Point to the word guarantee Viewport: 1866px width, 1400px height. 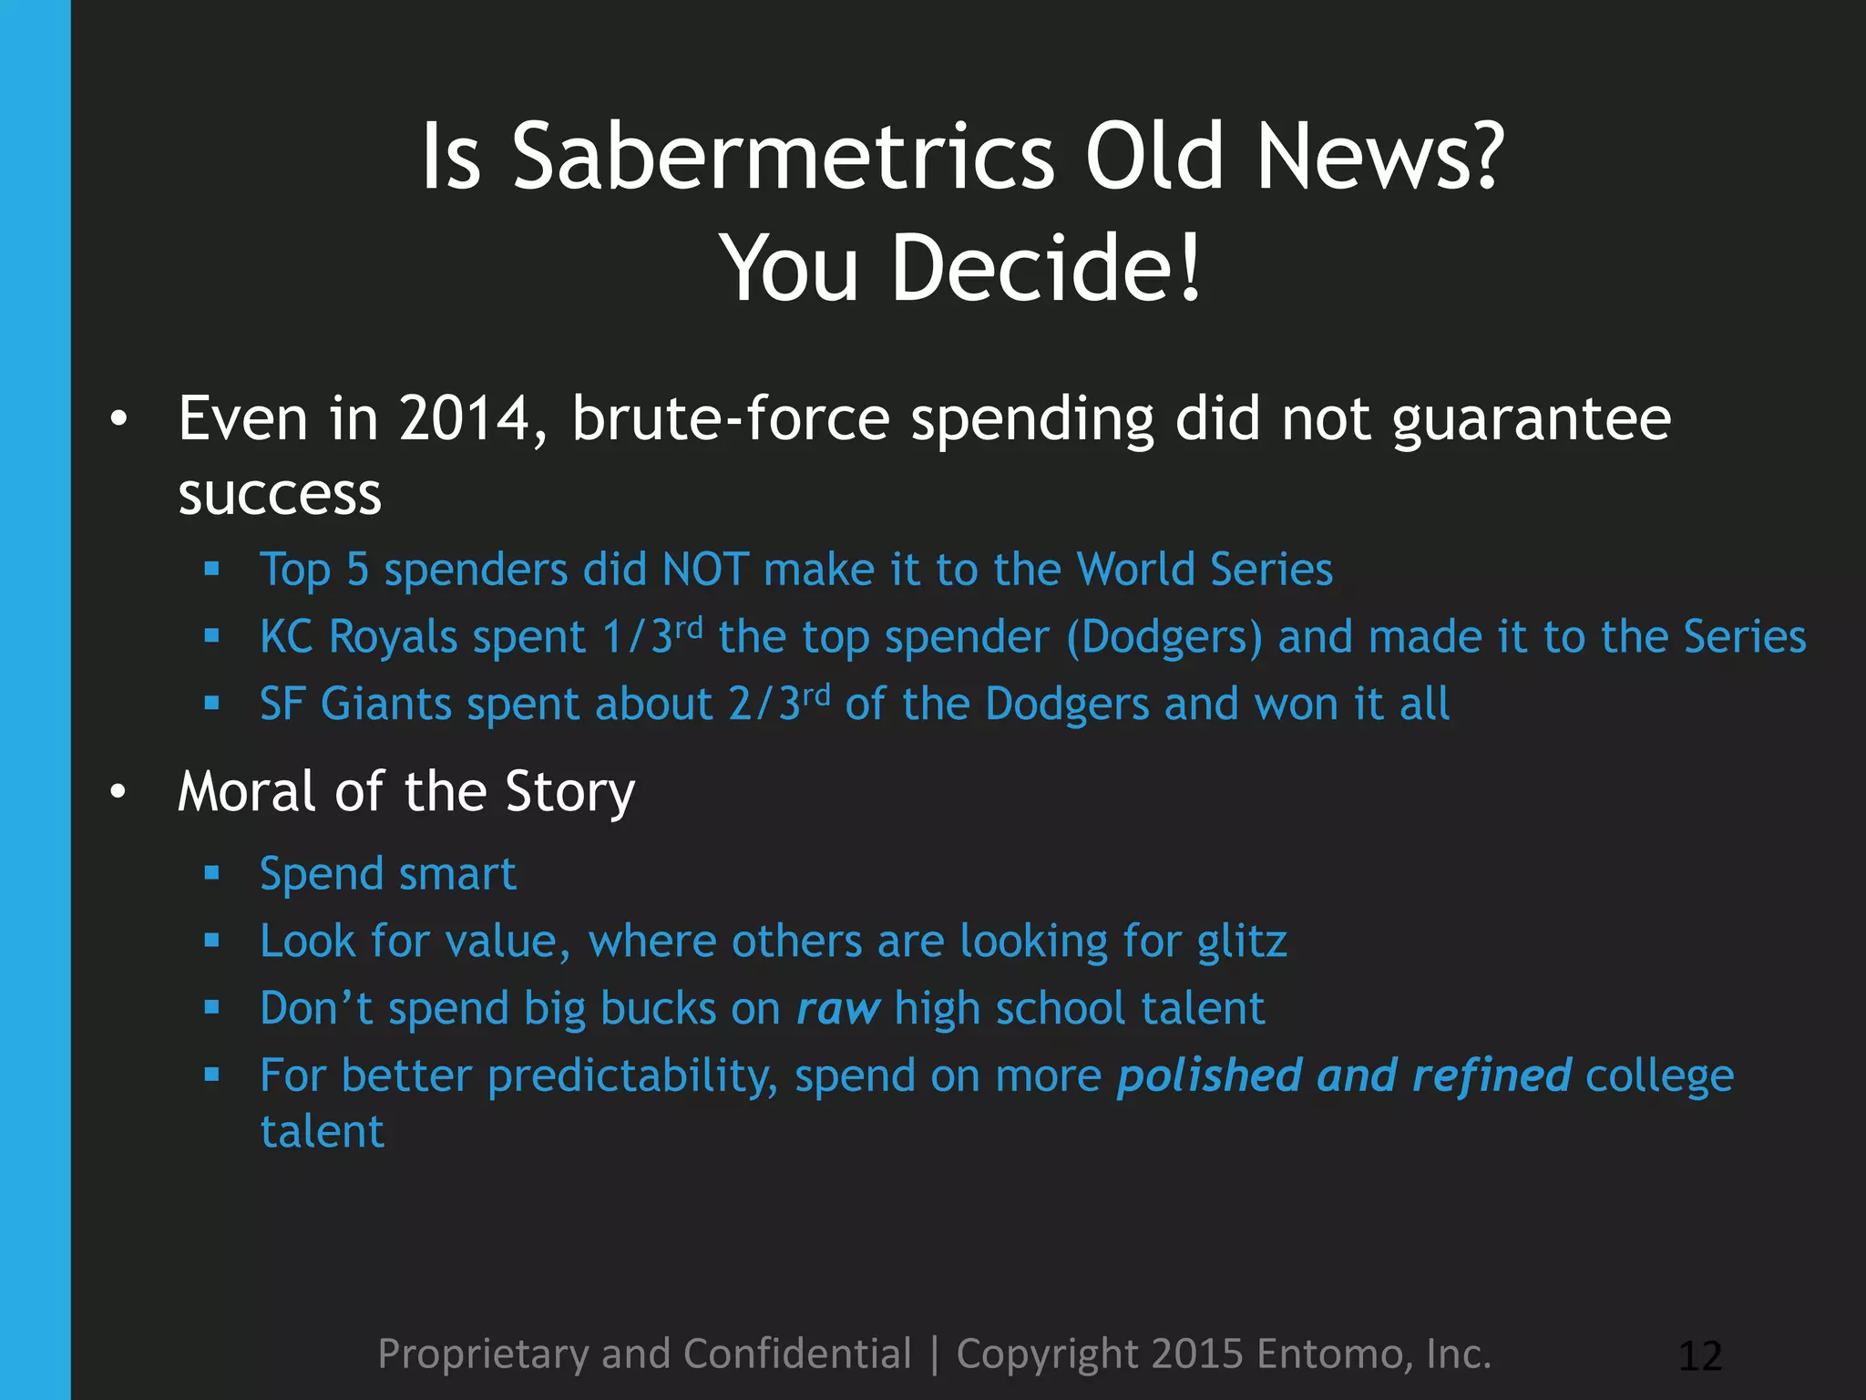(1532, 421)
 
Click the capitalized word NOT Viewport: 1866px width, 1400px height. (706, 570)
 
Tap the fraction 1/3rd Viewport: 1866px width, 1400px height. (652, 635)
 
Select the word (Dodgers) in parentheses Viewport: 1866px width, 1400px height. (1164, 637)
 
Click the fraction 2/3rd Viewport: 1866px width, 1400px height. (779, 703)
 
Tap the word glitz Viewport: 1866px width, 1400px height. (1242, 942)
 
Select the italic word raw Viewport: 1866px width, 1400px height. (837, 1009)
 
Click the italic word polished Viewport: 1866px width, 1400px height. (1209, 1076)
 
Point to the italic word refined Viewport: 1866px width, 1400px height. (1491, 1076)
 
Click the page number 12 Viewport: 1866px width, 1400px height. (1700, 1356)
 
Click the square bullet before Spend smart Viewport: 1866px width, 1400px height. (212, 874)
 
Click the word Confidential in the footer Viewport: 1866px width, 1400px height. (797, 1354)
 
